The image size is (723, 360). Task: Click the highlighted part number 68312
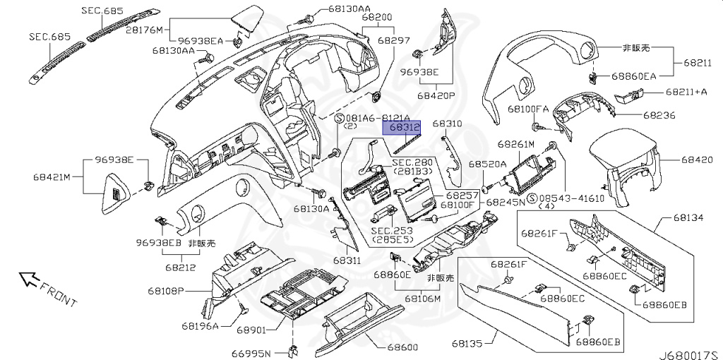pos(401,128)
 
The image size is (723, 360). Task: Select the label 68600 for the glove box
pos(403,348)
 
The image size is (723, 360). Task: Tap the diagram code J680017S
pos(688,350)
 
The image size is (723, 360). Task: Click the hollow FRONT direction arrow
pos(29,279)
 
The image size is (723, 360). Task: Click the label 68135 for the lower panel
pos(467,344)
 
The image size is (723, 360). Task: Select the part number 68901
pos(251,329)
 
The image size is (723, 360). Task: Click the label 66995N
pos(254,353)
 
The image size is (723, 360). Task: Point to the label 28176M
pos(144,30)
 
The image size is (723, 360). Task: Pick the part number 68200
pos(376,16)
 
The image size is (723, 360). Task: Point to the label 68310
pos(448,124)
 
